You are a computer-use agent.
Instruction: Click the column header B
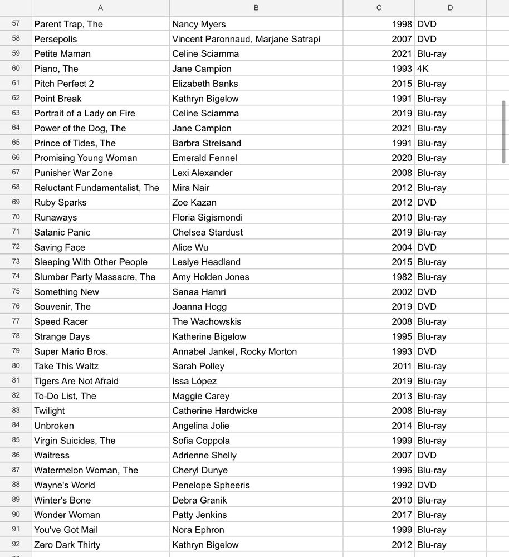[256, 8]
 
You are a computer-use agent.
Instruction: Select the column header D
[450, 8]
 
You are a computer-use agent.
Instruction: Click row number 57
[16, 24]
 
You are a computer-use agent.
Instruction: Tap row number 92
[16, 545]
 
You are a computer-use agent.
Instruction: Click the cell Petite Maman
[62, 54]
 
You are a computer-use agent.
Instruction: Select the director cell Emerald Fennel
[204, 158]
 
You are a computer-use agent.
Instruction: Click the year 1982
[402, 277]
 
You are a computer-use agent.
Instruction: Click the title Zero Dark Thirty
[67, 545]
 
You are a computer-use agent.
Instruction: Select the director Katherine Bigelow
[209, 336]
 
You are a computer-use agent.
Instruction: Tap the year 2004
[402, 247]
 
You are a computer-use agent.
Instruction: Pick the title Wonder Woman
[67, 515]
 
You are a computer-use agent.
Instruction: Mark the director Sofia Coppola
[201, 441]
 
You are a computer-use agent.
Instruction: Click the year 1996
[402, 470]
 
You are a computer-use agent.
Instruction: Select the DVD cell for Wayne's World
[427, 485]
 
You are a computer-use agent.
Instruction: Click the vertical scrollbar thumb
[504, 131]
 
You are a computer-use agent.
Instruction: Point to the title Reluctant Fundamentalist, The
[96, 188]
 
